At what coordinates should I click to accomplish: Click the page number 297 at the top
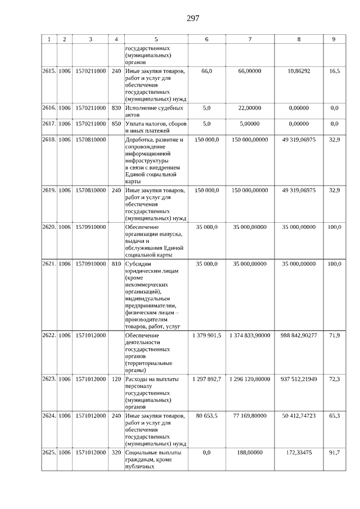pos(192,18)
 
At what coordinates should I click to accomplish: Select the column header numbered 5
pos(156,39)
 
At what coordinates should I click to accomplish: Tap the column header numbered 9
pos(334,39)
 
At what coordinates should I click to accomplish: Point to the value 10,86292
pos(298,72)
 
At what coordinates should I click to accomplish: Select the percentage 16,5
pos(334,72)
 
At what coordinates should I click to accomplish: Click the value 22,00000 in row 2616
pos(249,107)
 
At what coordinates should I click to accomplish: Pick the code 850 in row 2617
pos(116,124)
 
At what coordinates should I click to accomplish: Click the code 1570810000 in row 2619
pos(90,191)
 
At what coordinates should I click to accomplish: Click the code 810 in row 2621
pos(116,263)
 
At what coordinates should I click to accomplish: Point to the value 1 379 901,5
pos(206,335)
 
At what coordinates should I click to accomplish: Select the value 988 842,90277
pos(298,335)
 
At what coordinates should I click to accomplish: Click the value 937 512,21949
pos(298,379)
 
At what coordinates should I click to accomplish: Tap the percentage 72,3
pos(334,379)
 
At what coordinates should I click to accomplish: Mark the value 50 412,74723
pos(298,416)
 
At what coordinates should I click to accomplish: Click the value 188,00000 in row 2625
pos(249,452)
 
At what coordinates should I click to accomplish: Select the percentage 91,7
pos(334,452)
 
